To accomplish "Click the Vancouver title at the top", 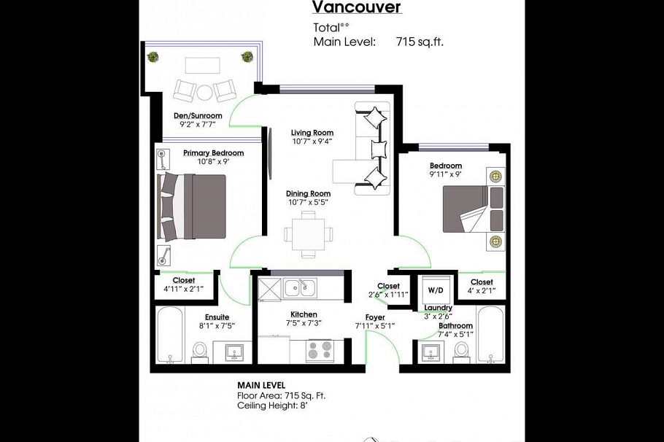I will coord(357,7).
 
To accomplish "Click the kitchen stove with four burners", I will coord(320,351).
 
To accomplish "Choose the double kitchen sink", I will coord(299,287).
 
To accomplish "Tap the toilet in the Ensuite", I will coord(200,352).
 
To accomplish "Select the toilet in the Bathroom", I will coord(461,351).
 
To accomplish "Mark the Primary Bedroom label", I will coord(213,153).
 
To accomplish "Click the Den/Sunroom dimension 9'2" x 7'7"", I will coord(197,125).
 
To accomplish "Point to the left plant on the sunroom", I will coord(153,56).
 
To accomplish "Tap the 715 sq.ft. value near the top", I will coord(420,42).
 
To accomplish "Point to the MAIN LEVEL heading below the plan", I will coord(261,385).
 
